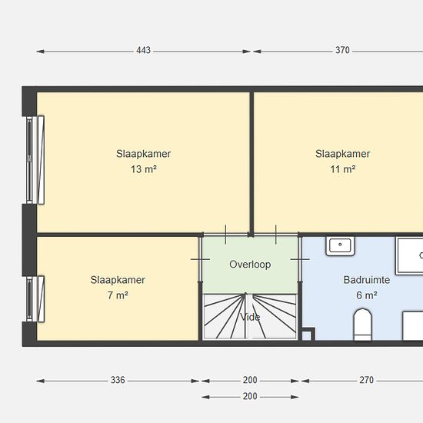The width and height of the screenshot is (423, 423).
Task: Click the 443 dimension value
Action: [x=143, y=51]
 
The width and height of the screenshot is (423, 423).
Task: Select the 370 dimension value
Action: [x=342, y=50]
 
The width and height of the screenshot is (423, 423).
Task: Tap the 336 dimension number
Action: [x=118, y=380]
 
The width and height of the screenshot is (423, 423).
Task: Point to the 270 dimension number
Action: [x=366, y=380]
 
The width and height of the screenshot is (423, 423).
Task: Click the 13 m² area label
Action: [x=144, y=169]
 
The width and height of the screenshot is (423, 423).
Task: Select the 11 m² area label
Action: [x=342, y=169]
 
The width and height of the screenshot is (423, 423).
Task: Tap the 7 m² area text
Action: [x=118, y=295]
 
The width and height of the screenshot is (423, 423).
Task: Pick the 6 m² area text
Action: [x=366, y=295]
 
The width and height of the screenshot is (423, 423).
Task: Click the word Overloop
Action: [x=250, y=265]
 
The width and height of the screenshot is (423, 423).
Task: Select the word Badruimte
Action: [x=367, y=280]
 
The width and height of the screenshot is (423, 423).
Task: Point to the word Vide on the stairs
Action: [x=250, y=317]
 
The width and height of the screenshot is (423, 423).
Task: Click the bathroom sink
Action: [x=340, y=246]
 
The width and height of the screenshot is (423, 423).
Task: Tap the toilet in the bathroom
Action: [x=362, y=325]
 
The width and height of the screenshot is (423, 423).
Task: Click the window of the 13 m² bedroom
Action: [x=35, y=160]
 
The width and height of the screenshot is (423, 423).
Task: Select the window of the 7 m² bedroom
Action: [x=35, y=299]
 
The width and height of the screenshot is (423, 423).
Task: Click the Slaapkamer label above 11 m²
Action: [x=342, y=154]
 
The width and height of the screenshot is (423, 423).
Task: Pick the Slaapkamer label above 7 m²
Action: [x=118, y=280]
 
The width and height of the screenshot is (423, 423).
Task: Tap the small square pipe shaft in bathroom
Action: [x=308, y=335]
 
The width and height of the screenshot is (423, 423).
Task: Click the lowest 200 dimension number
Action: [x=250, y=396]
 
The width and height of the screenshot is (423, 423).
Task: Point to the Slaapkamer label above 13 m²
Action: [x=144, y=154]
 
